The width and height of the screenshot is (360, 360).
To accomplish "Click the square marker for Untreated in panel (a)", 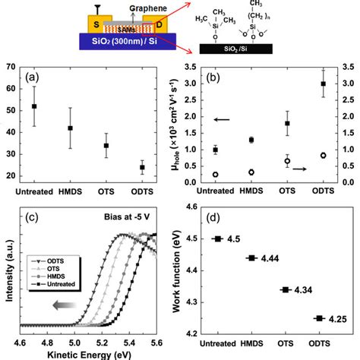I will click(x=35, y=106).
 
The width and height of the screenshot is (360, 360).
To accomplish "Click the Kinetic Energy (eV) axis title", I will click(x=87, y=355).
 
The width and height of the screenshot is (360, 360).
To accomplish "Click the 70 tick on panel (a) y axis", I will click(x=10, y=68).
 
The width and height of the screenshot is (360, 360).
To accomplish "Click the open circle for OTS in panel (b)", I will click(x=287, y=161).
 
